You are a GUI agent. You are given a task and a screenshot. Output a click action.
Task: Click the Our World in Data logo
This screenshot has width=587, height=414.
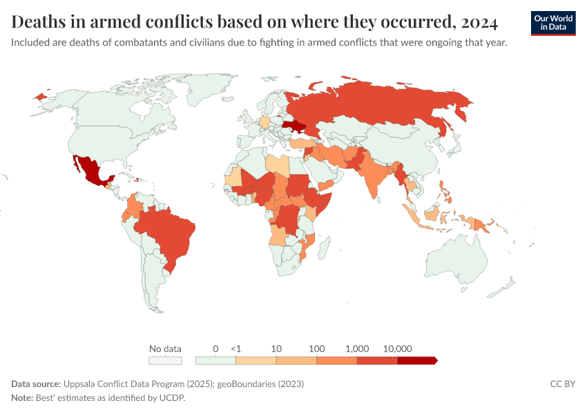tap(553, 23)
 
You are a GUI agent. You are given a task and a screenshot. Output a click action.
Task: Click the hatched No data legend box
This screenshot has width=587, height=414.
tap(165, 360)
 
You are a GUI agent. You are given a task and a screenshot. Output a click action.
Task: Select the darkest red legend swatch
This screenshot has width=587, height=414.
tap(416, 360)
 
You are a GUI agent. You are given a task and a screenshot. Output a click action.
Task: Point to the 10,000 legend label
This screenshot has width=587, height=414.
tap(397, 348)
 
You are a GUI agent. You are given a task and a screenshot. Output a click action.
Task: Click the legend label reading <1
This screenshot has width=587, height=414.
tap(235, 348)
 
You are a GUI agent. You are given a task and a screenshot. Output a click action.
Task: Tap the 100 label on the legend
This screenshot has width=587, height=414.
tap(316, 348)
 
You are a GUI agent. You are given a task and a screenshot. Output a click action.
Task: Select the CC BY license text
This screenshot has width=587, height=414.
tap(562, 384)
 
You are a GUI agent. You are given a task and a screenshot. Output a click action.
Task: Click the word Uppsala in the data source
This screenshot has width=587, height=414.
tap(81, 384)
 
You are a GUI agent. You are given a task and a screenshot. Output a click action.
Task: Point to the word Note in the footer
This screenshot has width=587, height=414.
tap(23, 398)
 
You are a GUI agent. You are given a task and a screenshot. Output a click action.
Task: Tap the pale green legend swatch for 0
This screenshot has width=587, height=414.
tap(215, 360)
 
